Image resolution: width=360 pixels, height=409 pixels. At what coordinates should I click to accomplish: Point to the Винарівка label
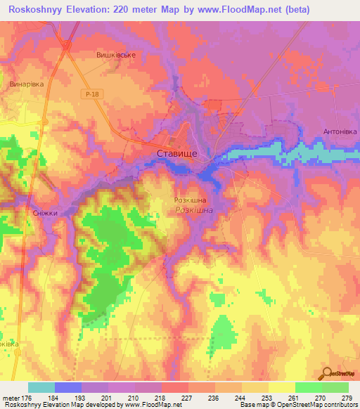tap(27, 84)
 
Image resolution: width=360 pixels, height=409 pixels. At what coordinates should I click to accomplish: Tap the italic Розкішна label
tap(194, 210)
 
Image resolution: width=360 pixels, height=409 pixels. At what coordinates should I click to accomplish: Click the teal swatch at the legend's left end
tap(41, 387)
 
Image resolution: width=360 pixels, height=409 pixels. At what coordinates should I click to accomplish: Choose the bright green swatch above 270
tap(308, 387)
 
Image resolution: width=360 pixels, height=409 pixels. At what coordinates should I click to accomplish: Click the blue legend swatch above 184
tap(68, 387)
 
